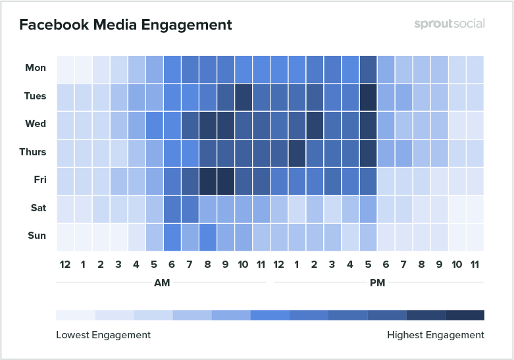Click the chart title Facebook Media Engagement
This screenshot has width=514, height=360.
point(125,25)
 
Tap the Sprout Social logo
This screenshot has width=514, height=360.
point(450,24)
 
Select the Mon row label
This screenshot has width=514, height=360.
point(36,68)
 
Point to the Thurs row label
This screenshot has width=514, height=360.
point(33,152)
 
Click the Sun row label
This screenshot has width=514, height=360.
point(36,236)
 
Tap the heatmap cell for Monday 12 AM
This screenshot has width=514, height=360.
point(64,68)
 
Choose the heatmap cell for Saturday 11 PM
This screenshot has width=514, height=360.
point(475,208)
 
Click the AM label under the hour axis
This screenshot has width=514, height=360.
point(161,282)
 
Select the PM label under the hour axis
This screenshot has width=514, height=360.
point(377,282)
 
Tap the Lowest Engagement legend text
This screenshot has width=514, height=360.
point(103,335)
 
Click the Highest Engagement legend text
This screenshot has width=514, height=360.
point(436,335)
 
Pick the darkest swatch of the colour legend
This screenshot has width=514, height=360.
point(465,315)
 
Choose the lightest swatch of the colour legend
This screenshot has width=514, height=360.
point(75,315)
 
